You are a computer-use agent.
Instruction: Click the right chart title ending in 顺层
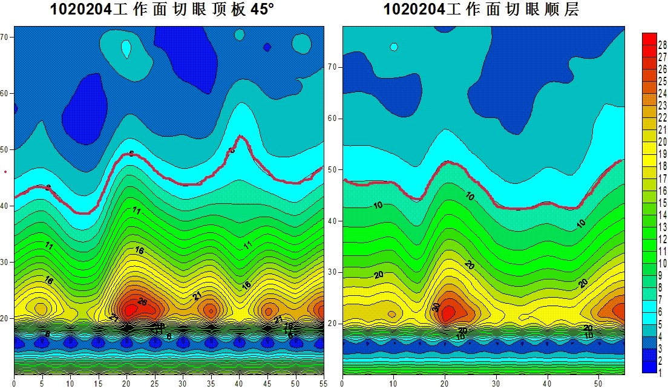(x=481, y=10)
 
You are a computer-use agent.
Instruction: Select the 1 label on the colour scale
(x=663, y=372)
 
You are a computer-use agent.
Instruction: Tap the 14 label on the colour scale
(x=663, y=215)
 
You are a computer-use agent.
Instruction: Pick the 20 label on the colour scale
(x=663, y=142)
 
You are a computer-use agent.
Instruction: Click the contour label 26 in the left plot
(x=142, y=302)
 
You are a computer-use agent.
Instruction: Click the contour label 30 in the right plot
(x=436, y=307)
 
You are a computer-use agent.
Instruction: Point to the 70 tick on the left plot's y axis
(x=7, y=37)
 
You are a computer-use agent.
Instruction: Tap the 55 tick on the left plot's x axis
(x=323, y=383)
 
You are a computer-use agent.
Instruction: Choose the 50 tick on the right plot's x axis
(x=598, y=383)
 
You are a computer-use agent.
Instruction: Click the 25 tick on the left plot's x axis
(x=154, y=383)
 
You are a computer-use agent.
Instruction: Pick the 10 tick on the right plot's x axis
(x=393, y=383)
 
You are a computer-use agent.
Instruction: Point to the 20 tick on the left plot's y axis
(x=7, y=318)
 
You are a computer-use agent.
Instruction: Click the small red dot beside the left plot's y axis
(x=5, y=171)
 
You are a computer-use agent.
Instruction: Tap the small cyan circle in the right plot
(x=394, y=47)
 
